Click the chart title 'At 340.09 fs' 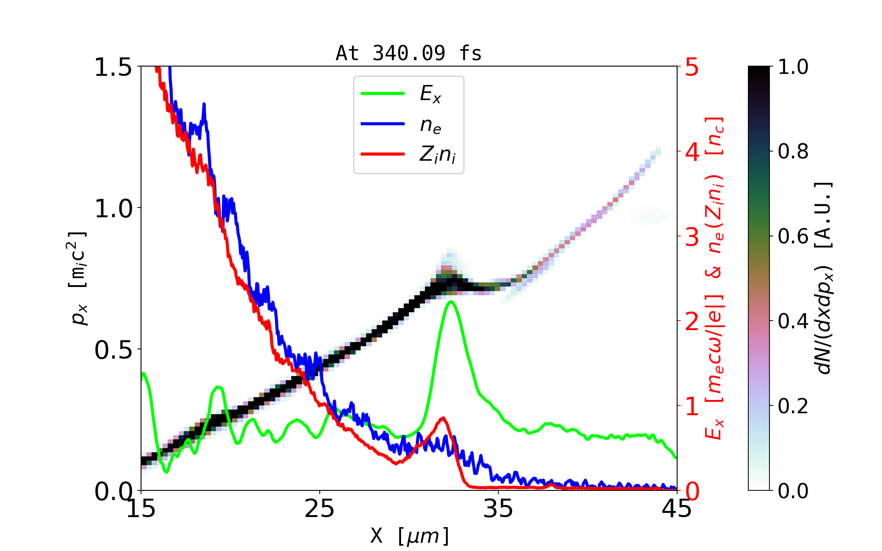pyautogui.click(x=408, y=53)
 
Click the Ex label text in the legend pyautogui.click(x=430, y=94)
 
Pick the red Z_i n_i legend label pyautogui.click(x=437, y=155)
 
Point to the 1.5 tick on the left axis pyautogui.click(x=113, y=67)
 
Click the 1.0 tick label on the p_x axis pyautogui.click(x=113, y=208)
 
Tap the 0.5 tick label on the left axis pyautogui.click(x=113, y=350)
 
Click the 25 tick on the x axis pyautogui.click(x=319, y=509)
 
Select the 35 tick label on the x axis pyautogui.click(x=498, y=509)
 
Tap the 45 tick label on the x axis pyautogui.click(x=677, y=509)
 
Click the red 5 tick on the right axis pyautogui.click(x=692, y=67)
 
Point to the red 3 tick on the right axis pyautogui.click(x=692, y=237)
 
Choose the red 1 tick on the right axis pyautogui.click(x=692, y=406)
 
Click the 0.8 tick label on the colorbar pyautogui.click(x=793, y=151)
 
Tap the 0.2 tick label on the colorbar pyautogui.click(x=793, y=406)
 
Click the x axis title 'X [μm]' pyautogui.click(x=410, y=535)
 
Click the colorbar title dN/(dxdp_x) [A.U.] pyautogui.click(x=825, y=278)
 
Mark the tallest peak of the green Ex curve pyautogui.click(x=451, y=302)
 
